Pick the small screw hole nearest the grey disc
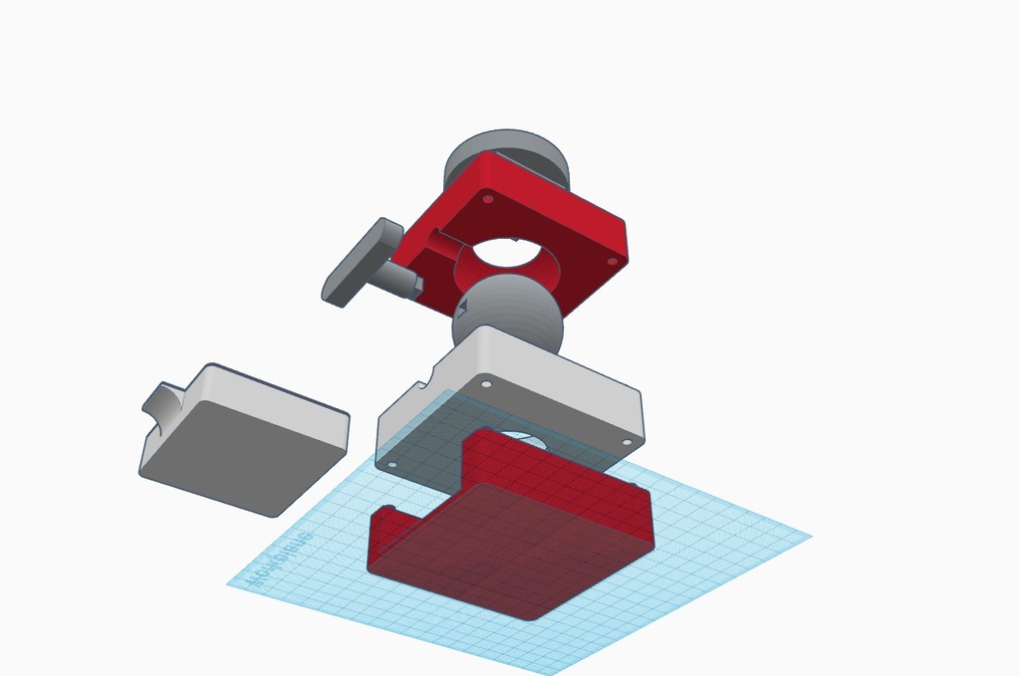coord(487,199)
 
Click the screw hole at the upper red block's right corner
coord(612,261)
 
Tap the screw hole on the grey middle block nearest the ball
coord(486,383)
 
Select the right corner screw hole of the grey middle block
coord(627,442)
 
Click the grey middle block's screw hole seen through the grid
coord(390,464)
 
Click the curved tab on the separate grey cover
coord(164,404)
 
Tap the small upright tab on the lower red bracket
coord(384,529)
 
